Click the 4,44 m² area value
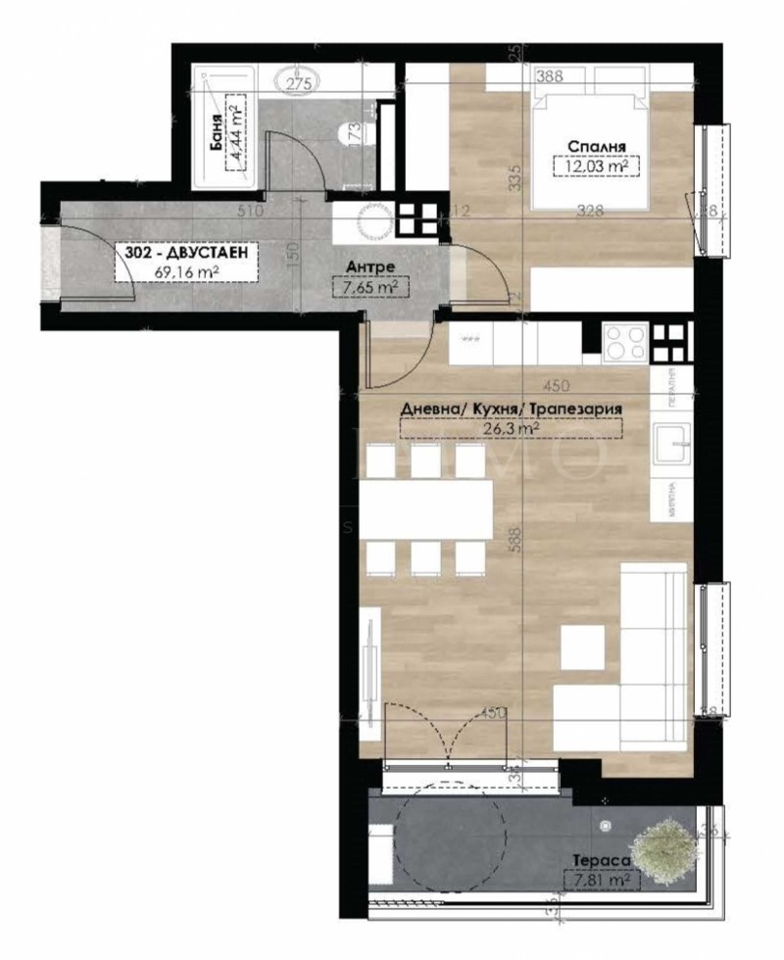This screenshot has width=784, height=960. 233,131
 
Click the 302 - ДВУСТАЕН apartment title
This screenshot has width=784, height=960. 185,254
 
